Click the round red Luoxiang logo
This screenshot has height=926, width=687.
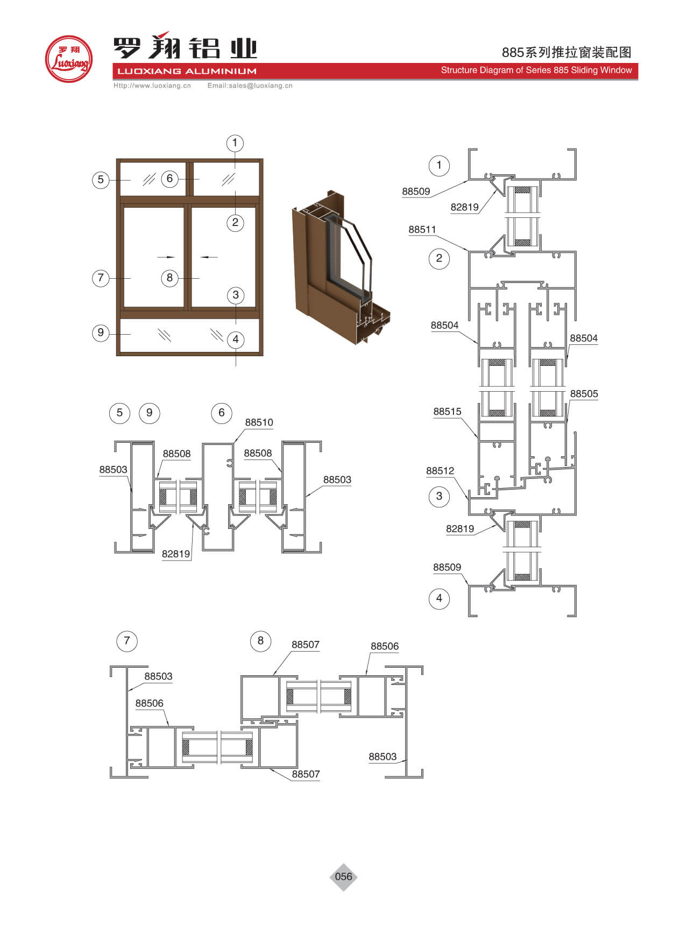pyautogui.click(x=69, y=59)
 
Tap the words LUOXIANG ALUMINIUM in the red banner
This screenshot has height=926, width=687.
pyautogui.click(x=187, y=71)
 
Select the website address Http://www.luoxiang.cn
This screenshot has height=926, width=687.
pyautogui.click(x=152, y=86)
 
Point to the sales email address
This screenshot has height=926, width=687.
pyautogui.click(x=250, y=86)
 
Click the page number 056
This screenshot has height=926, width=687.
pyautogui.click(x=343, y=876)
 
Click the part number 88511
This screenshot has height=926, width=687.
pyautogui.click(x=422, y=230)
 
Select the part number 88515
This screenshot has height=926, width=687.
pyautogui.click(x=448, y=412)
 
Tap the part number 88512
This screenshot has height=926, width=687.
pyautogui.click(x=440, y=471)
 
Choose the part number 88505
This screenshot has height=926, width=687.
pyautogui.click(x=584, y=394)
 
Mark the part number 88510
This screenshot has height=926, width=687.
pyautogui.click(x=259, y=422)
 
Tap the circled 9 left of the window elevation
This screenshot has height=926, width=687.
pyautogui.click(x=101, y=333)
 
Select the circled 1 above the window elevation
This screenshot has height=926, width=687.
pyautogui.click(x=235, y=143)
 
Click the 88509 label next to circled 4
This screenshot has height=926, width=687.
pyautogui.click(x=447, y=567)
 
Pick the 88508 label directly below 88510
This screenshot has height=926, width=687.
pyautogui.click(x=258, y=453)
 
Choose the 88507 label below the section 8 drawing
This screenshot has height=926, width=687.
pyautogui.click(x=306, y=774)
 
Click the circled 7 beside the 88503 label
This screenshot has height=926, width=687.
pyautogui.click(x=127, y=641)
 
